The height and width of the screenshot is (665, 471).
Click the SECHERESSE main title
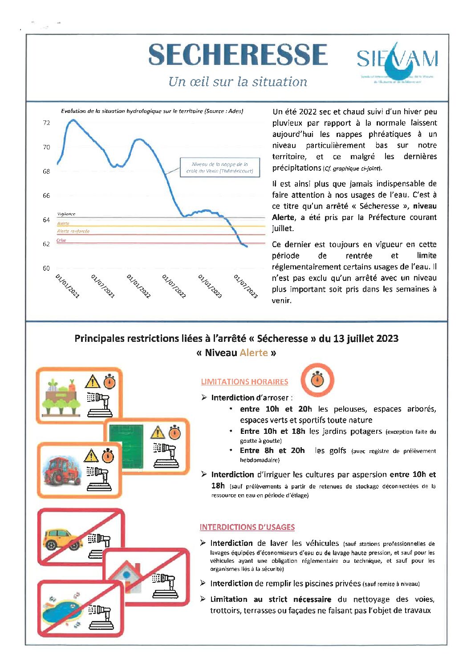238,55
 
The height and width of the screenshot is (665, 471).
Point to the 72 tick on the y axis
46,123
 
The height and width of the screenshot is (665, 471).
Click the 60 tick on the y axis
46,268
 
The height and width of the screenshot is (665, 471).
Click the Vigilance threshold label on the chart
66,214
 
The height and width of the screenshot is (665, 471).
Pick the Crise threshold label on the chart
61,240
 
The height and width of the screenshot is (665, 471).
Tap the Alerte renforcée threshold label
73,231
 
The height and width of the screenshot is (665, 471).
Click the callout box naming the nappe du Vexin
219,167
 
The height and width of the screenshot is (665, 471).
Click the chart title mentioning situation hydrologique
152,111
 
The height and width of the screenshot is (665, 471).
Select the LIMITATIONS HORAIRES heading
244,381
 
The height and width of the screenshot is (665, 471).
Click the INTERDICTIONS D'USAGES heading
247,527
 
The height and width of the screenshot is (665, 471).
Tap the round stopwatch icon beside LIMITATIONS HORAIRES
317,380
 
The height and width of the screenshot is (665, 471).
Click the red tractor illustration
62,470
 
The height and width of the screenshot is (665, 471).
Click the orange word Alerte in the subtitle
254,353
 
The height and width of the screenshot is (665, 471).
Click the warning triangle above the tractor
91,456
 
